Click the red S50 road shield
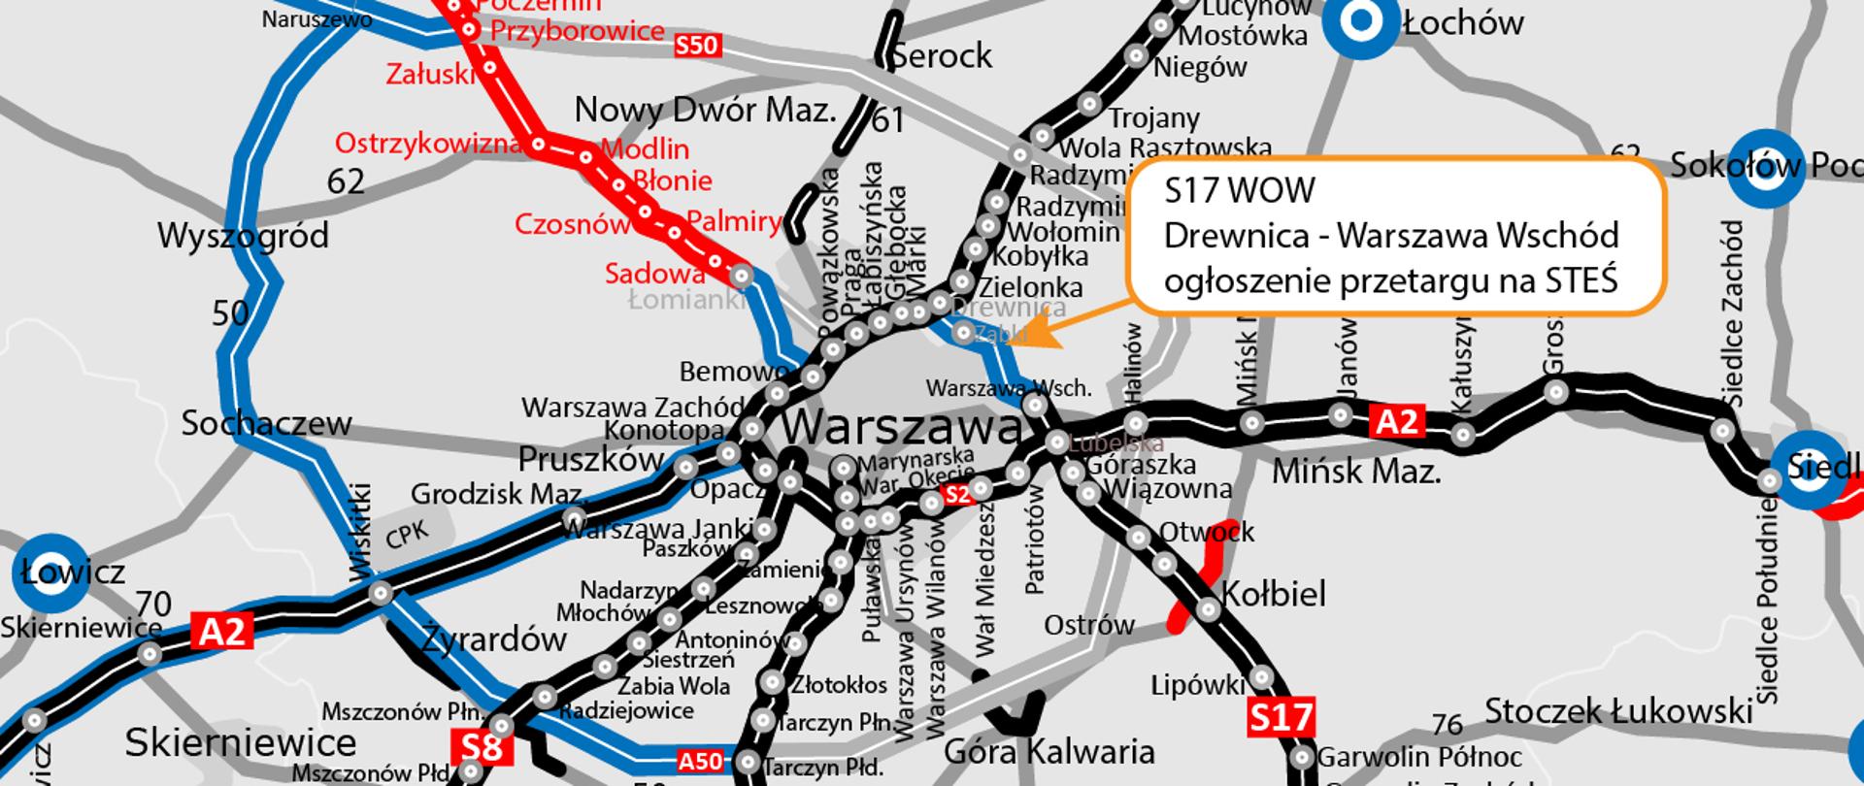click(x=696, y=45)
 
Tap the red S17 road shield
click(x=1281, y=718)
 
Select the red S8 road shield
click(x=482, y=747)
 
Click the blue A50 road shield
click(x=700, y=761)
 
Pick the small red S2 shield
click(x=957, y=494)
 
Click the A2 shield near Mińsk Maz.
click(x=1397, y=421)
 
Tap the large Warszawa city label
click(x=902, y=427)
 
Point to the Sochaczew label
click(x=266, y=423)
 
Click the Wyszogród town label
click(x=243, y=236)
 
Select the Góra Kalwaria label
click(x=1048, y=751)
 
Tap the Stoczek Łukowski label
click(x=1618, y=710)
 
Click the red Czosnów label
click(x=572, y=224)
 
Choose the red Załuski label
click(x=430, y=74)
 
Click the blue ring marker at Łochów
click(x=1362, y=20)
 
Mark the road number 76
click(x=1447, y=724)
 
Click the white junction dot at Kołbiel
click(x=1208, y=610)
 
